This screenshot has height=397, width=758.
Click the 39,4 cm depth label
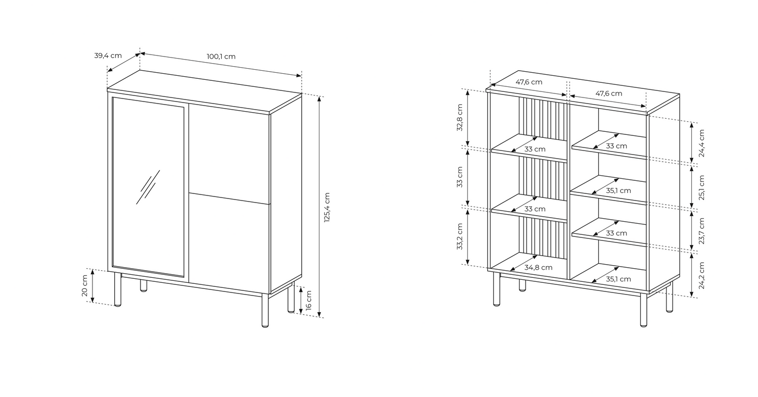(x=108, y=56)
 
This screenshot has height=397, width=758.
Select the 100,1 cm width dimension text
(x=221, y=57)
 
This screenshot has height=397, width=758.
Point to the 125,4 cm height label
(x=326, y=207)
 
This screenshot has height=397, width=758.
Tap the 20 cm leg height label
(x=85, y=286)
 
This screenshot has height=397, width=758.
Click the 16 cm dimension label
(x=309, y=300)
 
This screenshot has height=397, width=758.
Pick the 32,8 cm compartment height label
(x=460, y=118)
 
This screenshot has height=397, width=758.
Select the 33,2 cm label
(x=460, y=236)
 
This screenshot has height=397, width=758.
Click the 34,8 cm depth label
(x=538, y=268)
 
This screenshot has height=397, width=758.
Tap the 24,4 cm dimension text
(x=701, y=143)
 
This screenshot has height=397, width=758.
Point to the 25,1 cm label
(x=701, y=187)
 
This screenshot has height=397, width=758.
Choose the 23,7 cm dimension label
(x=701, y=231)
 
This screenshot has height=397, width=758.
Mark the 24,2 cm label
(x=701, y=275)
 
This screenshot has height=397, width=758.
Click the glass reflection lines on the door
(x=148, y=187)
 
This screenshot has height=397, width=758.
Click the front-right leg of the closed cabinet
(x=265, y=310)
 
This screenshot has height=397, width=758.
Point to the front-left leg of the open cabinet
(x=496, y=290)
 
